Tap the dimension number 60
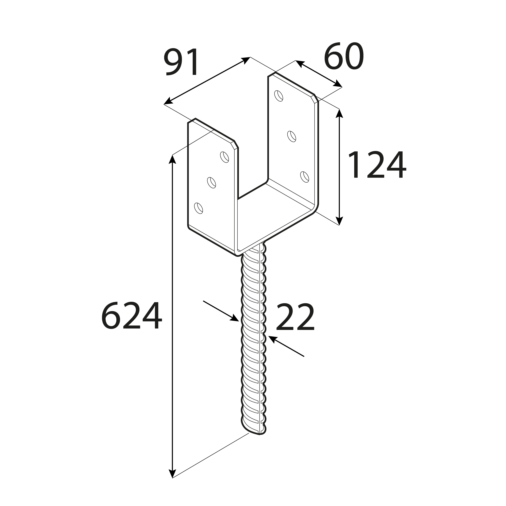[x=344, y=57]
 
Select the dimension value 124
[x=377, y=165]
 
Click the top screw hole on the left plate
[x=224, y=157]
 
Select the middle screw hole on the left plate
[x=211, y=183]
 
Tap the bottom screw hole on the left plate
[x=199, y=208]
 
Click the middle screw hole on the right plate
[x=291, y=136]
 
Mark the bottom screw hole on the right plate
[x=305, y=177]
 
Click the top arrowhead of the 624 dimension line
[x=172, y=159]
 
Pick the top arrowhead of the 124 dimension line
[x=339, y=113]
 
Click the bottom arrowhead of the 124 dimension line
[x=339, y=221]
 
